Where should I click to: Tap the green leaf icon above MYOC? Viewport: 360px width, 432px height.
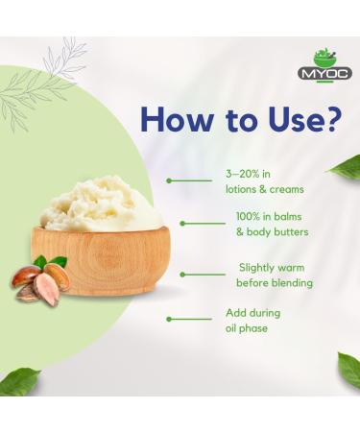coord(325,58)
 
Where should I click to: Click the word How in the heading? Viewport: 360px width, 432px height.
coord(177,119)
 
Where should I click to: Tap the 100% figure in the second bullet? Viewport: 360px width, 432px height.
coord(251,218)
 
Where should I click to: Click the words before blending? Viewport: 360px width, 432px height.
coord(275,282)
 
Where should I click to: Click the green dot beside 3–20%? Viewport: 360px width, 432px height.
coord(169,180)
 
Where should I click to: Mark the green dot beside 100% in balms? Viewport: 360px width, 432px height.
coord(182,223)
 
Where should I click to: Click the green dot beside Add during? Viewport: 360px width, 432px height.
coord(169,319)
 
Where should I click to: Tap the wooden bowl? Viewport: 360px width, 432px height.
coord(96,260)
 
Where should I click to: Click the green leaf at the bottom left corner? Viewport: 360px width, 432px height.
coord(18,381)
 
